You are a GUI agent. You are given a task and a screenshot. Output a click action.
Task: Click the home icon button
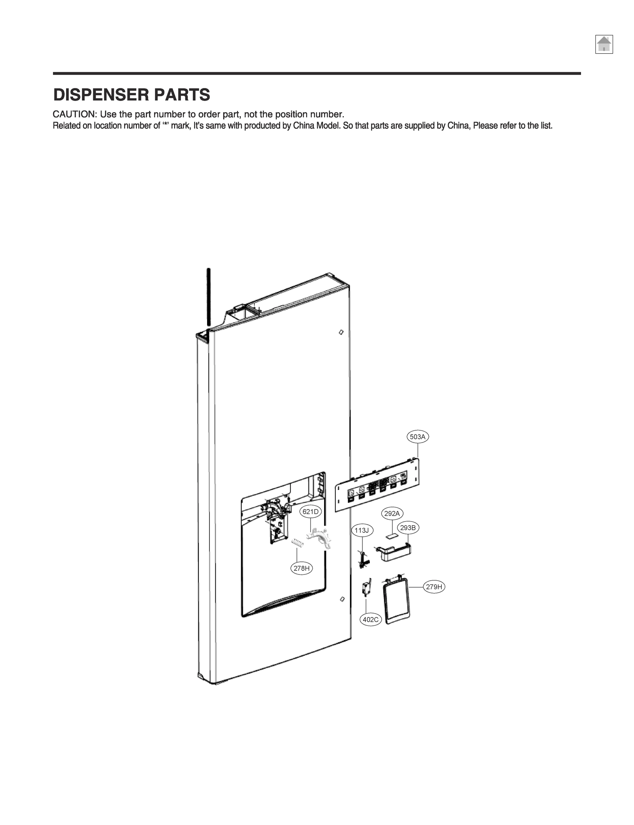point(604,44)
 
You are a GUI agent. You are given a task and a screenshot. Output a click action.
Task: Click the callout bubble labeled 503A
point(418,437)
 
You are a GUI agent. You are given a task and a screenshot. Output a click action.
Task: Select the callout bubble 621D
point(311,511)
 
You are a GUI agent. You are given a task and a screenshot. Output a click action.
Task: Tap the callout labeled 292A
point(392,513)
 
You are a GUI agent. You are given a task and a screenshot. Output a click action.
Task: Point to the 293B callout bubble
point(408,528)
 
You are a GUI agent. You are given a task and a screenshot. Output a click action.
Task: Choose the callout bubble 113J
point(362,530)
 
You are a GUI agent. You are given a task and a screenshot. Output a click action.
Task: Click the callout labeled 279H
point(434,587)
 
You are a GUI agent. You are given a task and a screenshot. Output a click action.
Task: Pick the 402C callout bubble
point(370,619)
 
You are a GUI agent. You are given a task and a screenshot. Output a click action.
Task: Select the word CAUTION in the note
point(74,114)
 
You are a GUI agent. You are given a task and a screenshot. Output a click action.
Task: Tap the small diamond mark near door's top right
point(341,332)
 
